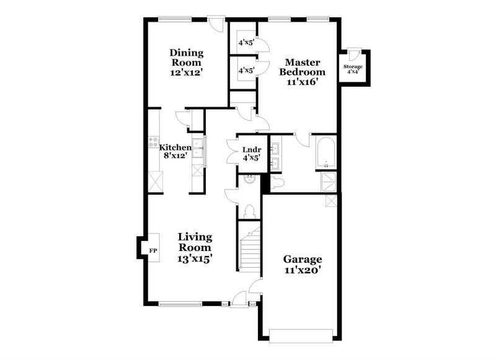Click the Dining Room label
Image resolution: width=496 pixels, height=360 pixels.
pos(187,57)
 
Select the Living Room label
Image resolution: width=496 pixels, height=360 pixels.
pos(195,242)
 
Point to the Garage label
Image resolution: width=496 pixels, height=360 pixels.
pos(303,258)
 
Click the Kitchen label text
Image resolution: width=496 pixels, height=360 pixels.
pos(175,147)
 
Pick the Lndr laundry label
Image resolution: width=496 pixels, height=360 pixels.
pos(250,149)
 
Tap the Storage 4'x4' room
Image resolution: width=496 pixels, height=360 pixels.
pos(354,69)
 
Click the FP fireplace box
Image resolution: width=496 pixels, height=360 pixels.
pos(153,251)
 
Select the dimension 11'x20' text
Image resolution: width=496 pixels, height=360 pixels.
pos(303,271)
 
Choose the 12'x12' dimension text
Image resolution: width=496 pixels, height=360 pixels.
pos(187,72)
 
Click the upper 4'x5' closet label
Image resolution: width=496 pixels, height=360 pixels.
pos(247,43)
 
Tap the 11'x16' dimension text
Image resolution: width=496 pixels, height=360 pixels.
pos(302,82)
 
